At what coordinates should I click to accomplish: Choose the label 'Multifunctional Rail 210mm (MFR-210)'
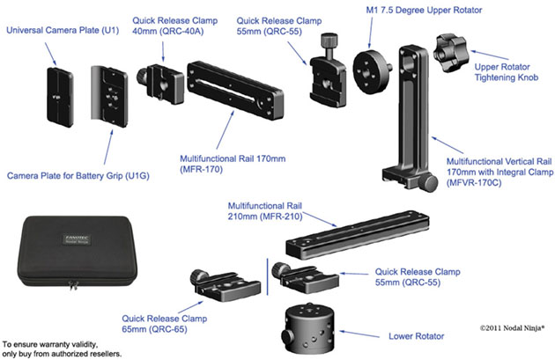point(263,209)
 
